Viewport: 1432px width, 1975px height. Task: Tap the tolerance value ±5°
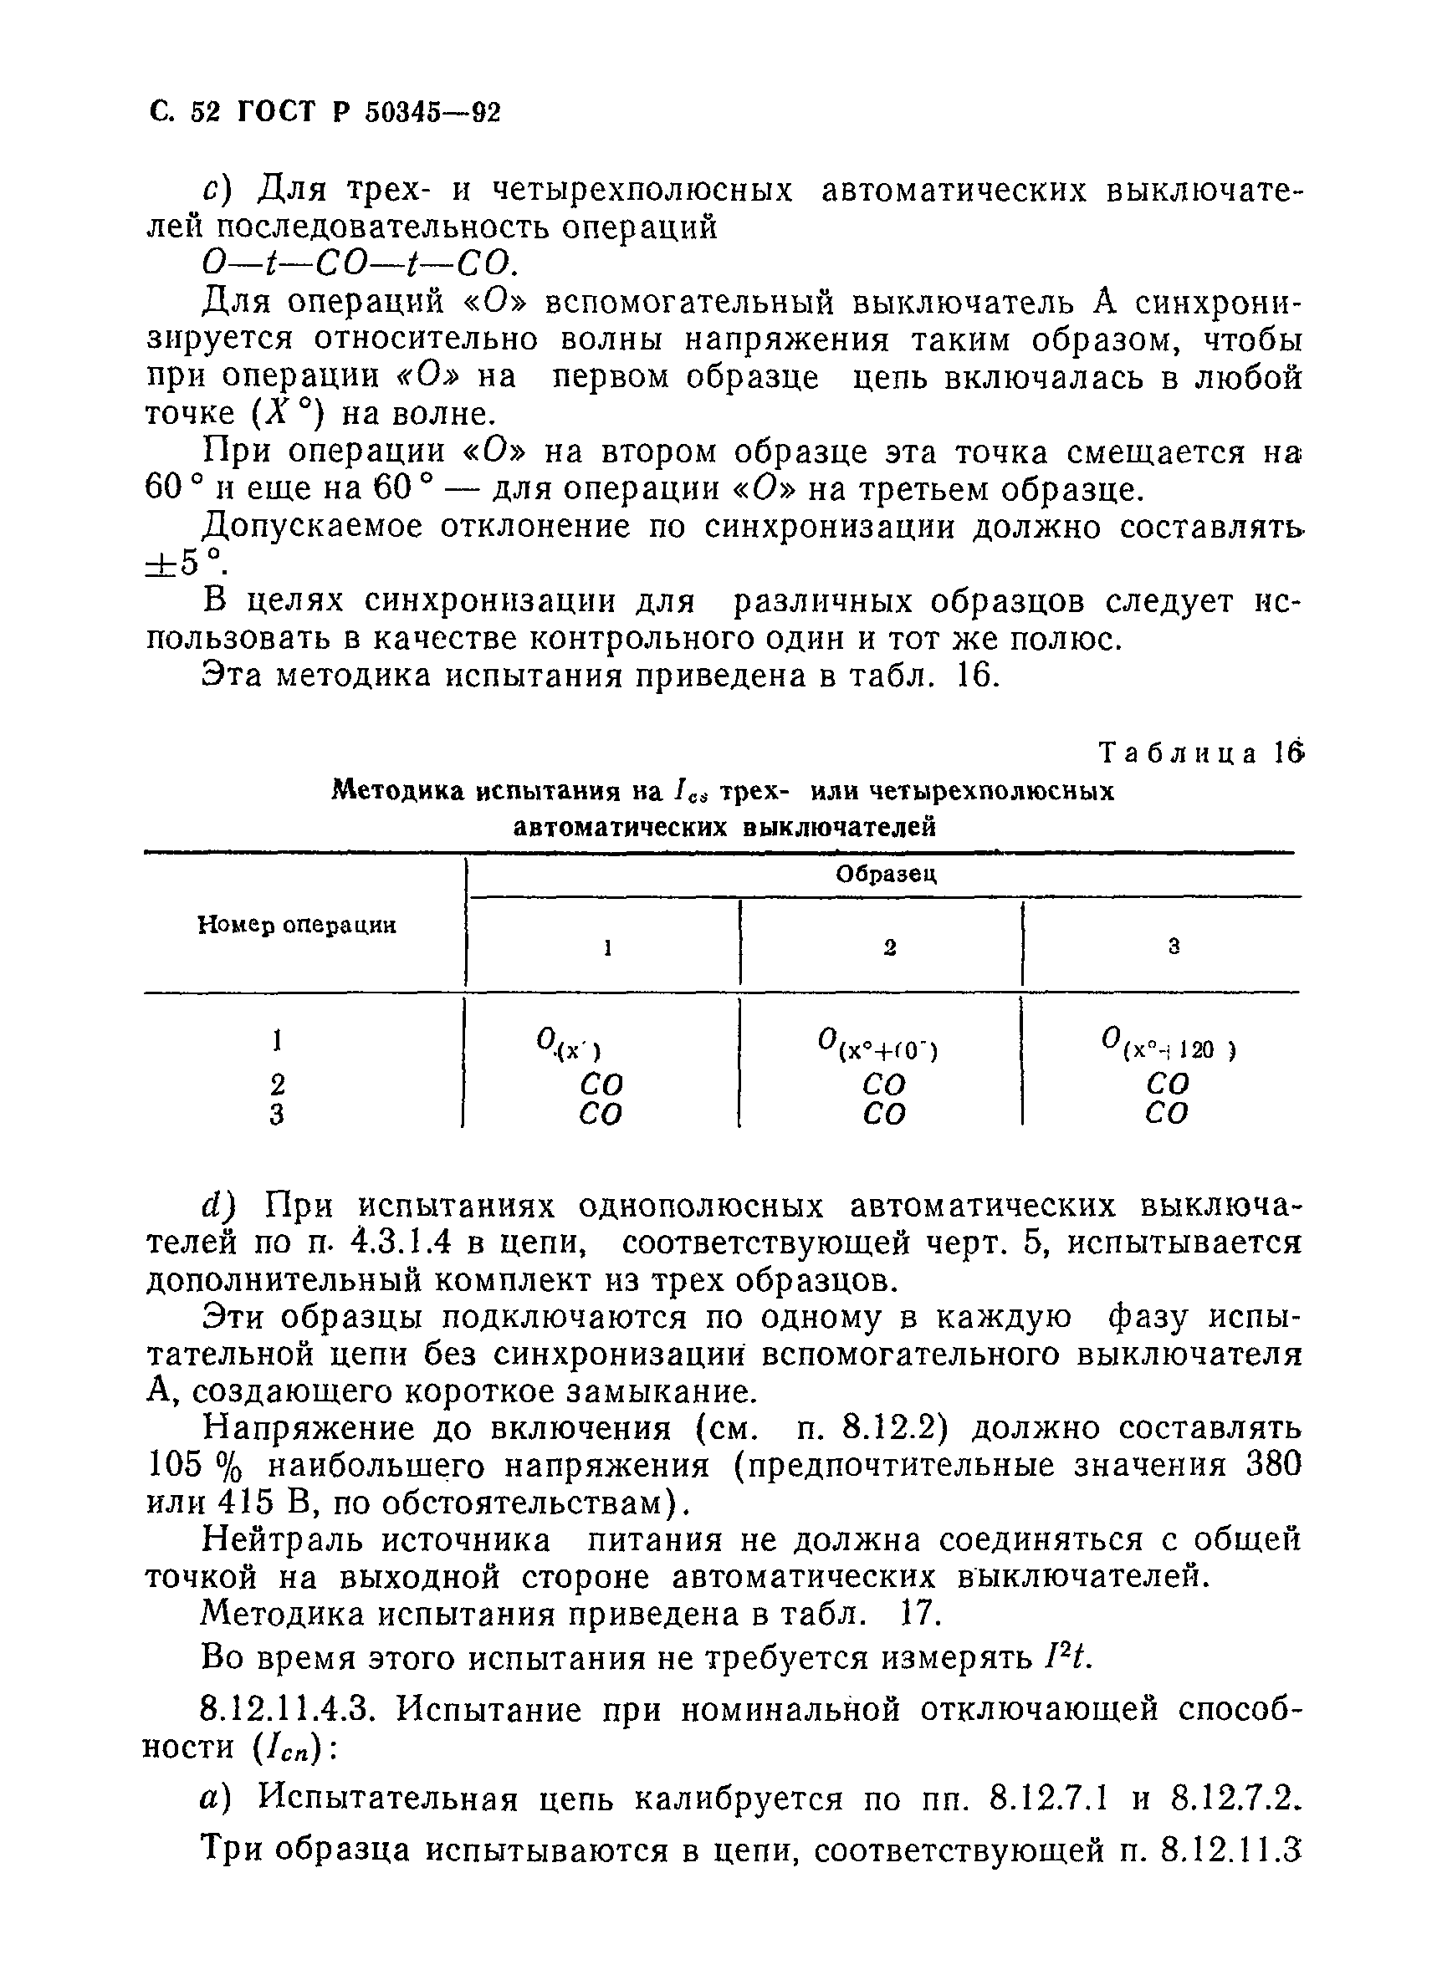(x=183, y=564)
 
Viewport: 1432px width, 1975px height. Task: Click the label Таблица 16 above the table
(x=1200, y=753)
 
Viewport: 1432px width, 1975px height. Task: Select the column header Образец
(x=885, y=875)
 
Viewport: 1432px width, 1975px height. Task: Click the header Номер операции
(x=297, y=925)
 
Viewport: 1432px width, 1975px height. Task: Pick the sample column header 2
(x=889, y=947)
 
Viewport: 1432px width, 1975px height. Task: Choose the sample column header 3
(x=1174, y=947)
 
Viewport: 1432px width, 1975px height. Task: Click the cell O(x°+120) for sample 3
(x=1167, y=1044)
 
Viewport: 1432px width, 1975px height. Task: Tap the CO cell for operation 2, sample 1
(x=601, y=1084)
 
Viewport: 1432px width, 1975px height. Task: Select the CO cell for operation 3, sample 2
(x=884, y=1114)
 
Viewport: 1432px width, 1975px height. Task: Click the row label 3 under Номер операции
(x=277, y=1115)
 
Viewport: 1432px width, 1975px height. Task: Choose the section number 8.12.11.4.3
(x=288, y=1710)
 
